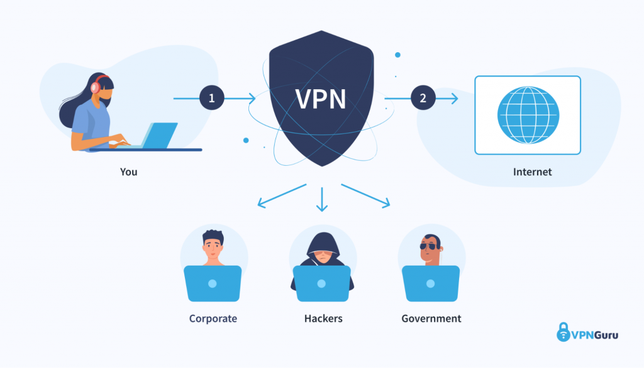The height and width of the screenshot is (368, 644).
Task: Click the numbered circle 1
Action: (x=212, y=98)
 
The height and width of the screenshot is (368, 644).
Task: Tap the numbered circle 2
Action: (x=423, y=98)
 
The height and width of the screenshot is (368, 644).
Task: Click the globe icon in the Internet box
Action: (x=528, y=114)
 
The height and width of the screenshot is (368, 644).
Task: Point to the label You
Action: (x=128, y=171)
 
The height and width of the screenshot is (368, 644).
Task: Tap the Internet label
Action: (x=532, y=171)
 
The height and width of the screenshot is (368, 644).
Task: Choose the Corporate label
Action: (x=213, y=318)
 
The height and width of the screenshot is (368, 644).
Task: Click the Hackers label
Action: (x=323, y=318)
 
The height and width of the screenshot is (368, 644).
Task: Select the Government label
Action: (x=431, y=318)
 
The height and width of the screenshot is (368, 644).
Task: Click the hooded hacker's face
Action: (x=322, y=258)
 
